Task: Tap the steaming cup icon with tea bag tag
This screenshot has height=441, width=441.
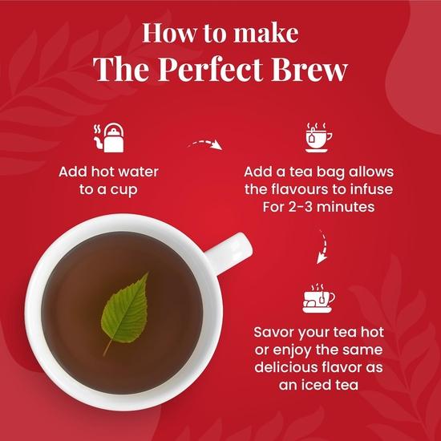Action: [319, 137]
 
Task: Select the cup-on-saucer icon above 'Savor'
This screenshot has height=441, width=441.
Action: [318, 298]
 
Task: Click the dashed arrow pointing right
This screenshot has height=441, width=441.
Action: [203, 146]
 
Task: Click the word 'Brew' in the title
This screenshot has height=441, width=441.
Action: [313, 69]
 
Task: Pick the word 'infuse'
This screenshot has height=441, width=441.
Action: [380, 190]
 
